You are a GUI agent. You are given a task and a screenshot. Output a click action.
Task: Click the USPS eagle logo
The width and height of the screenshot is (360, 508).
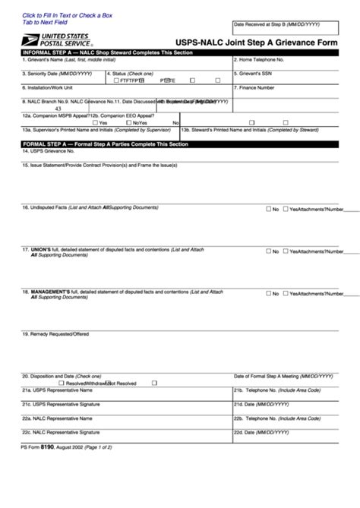pos(30,39)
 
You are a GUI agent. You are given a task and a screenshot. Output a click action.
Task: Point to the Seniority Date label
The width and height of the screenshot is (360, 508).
pos(46,73)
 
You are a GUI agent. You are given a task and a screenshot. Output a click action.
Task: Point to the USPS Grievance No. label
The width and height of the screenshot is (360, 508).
pos(50,150)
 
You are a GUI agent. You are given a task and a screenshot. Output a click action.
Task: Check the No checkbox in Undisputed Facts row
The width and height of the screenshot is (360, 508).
pos(268,209)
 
